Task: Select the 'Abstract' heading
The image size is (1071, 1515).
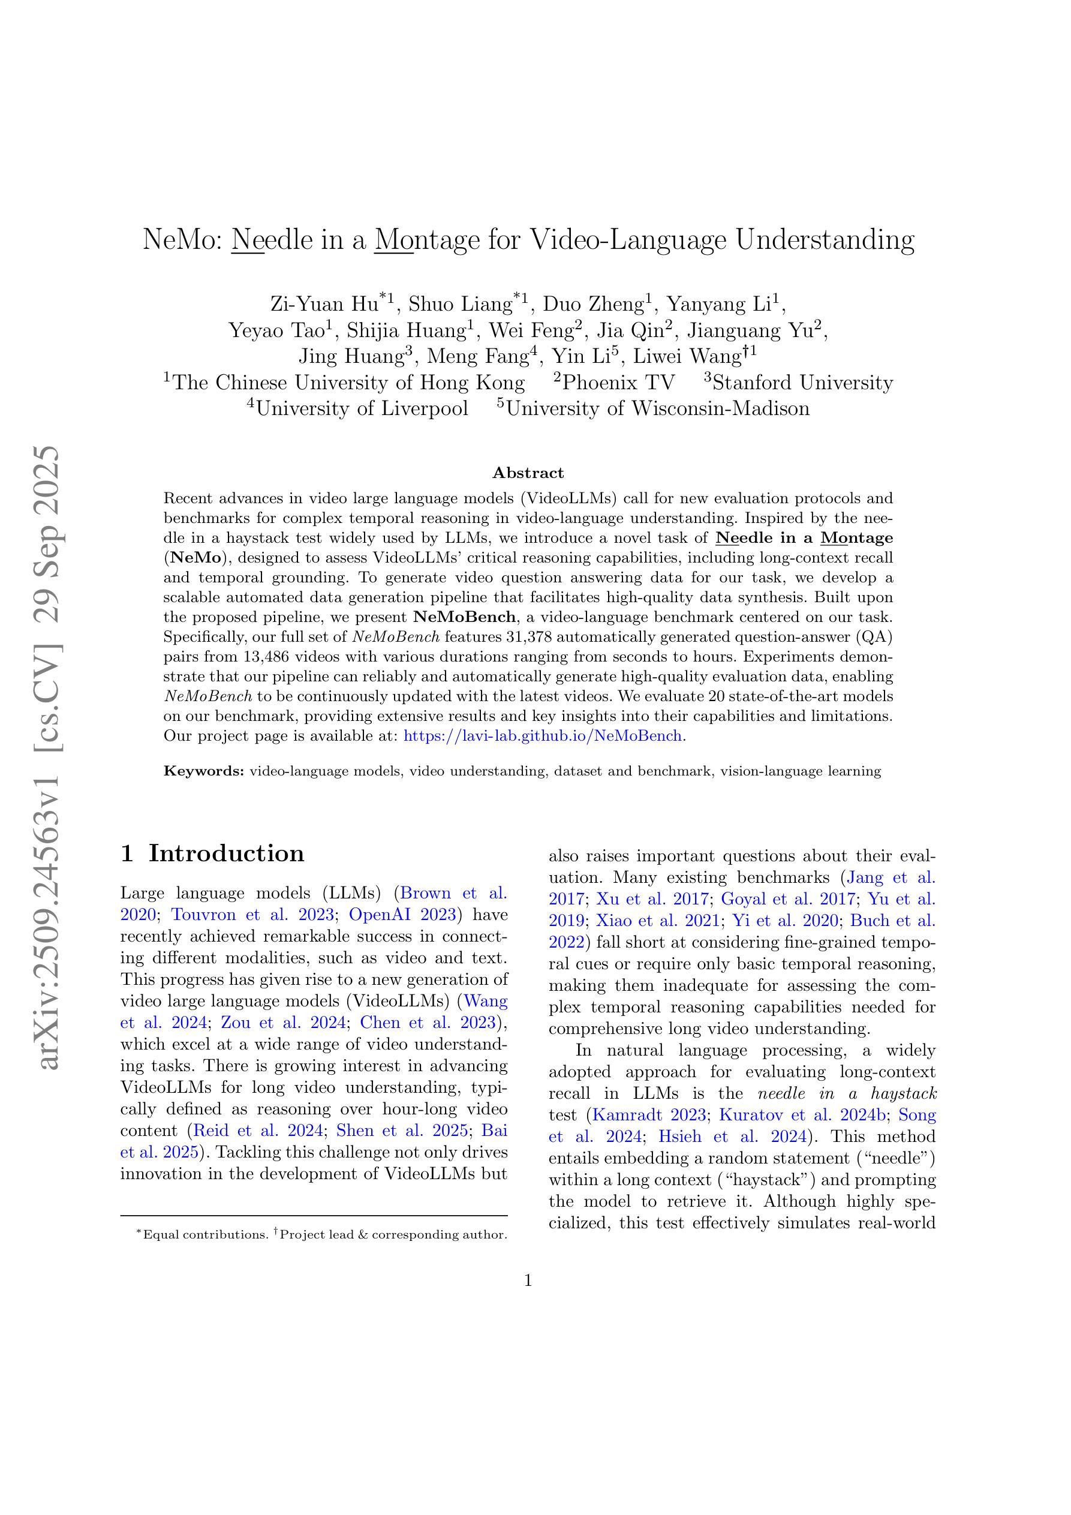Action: (x=528, y=473)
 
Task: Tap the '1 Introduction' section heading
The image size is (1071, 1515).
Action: (x=212, y=853)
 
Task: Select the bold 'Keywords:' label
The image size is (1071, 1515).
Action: (x=204, y=771)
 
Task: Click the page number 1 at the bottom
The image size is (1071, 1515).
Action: (x=528, y=1280)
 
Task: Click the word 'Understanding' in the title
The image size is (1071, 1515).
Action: (x=825, y=239)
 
